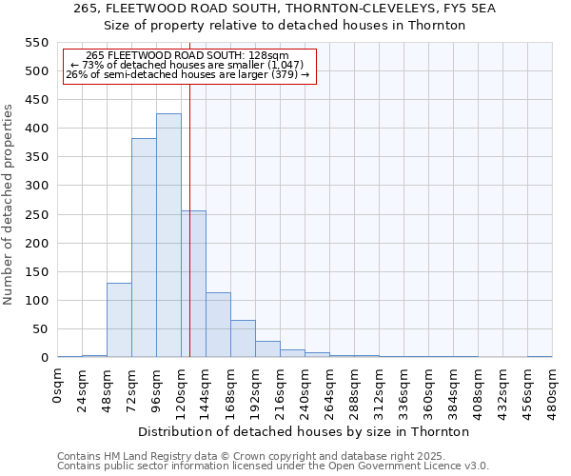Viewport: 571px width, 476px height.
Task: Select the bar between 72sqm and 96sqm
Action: pyautogui.click(x=144, y=248)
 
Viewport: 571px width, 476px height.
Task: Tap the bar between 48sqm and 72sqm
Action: pyautogui.click(x=119, y=320)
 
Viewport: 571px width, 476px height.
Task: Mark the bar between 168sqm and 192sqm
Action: pyautogui.click(x=243, y=339)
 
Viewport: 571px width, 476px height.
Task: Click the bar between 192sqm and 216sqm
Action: pyautogui.click(x=267, y=349)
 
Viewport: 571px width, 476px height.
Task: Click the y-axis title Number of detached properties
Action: pyautogui.click(x=10, y=205)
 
